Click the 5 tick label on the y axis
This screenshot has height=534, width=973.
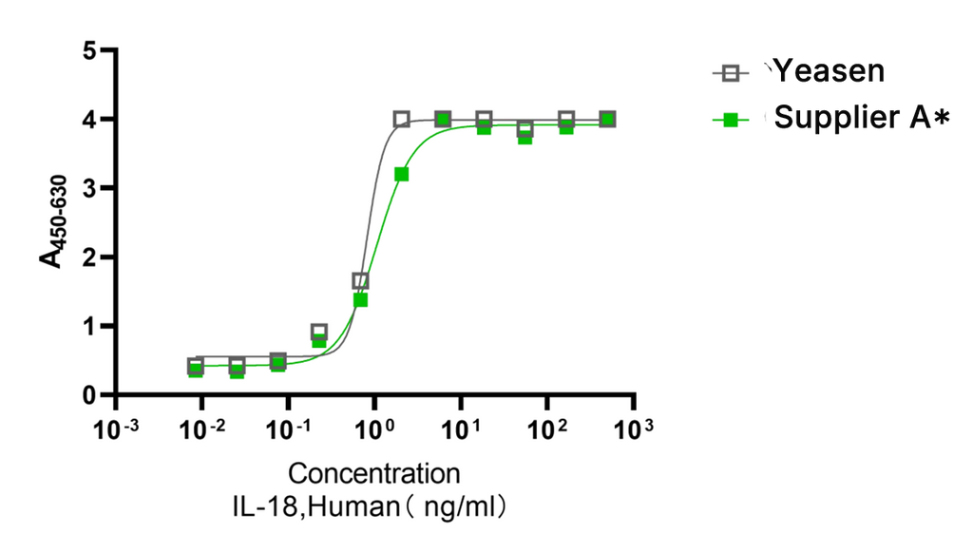click(89, 50)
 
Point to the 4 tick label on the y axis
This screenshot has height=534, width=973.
click(89, 120)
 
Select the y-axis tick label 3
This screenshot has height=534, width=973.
click(89, 188)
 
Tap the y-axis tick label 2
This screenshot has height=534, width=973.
click(89, 257)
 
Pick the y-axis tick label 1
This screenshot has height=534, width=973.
click(89, 326)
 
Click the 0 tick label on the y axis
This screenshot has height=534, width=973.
click(89, 395)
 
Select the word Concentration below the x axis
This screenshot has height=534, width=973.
click(374, 473)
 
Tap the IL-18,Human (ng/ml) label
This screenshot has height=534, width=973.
click(374, 505)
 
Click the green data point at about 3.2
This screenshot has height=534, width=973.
click(401, 174)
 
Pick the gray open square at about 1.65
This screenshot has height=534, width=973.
click(360, 281)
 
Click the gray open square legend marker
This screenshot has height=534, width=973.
click(731, 72)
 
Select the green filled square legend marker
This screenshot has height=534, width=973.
click(731, 120)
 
